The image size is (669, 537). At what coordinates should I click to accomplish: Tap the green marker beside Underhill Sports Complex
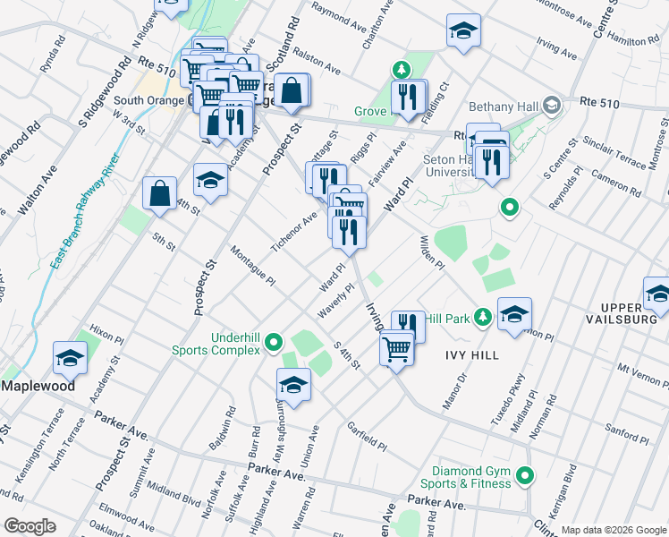(x=273, y=342)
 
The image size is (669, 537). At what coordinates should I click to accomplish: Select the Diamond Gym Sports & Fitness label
(x=472, y=477)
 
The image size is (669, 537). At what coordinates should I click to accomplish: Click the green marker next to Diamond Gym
(x=527, y=477)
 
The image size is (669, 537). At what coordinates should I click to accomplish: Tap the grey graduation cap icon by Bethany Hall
(x=551, y=105)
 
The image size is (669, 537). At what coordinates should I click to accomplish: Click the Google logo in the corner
(x=30, y=526)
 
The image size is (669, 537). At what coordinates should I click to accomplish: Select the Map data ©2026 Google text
(x=614, y=530)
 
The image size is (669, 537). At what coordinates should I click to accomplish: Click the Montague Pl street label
(x=251, y=266)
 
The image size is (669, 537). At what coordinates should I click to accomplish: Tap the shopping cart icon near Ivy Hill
(x=396, y=348)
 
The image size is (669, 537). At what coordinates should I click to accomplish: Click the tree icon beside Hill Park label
(x=483, y=318)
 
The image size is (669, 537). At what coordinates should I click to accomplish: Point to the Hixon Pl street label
(x=106, y=338)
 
